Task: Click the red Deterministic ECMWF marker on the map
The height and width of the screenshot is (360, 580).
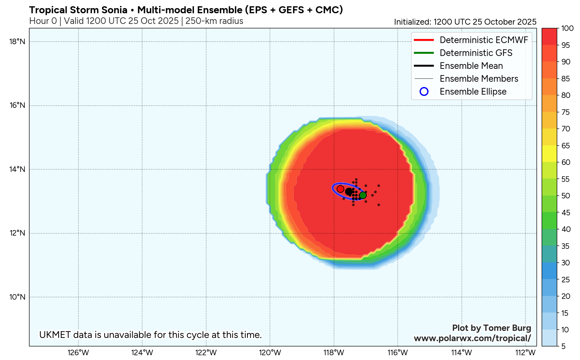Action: (340, 189)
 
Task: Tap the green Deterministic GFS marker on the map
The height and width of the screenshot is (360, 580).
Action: (363, 195)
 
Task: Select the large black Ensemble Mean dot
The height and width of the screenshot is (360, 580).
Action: (348, 191)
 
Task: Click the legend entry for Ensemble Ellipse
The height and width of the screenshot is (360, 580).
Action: (473, 92)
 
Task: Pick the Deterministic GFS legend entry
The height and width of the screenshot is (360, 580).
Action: (476, 53)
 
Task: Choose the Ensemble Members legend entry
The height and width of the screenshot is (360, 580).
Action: (479, 79)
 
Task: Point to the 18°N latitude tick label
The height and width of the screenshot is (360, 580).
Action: (17, 42)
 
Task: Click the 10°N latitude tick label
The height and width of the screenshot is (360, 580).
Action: (17, 297)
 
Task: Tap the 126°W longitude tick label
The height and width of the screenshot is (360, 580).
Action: (78, 353)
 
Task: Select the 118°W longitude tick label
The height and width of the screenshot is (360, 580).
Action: (334, 353)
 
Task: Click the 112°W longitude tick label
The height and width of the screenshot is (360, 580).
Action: (525, 353)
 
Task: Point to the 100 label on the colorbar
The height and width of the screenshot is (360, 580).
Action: (567, 28)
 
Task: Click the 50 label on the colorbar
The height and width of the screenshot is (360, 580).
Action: (566, 196)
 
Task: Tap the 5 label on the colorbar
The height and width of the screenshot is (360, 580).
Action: (563, 346)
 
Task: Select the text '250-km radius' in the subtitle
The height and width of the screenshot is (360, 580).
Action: (214, 21)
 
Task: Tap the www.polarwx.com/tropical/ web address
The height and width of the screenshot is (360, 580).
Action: (472, 338)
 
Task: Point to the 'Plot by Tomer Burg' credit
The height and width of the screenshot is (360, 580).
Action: (491, 328)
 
